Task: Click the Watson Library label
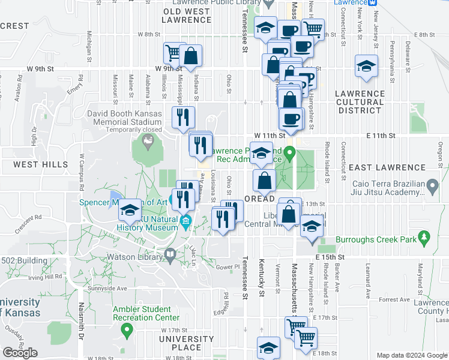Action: point(133,257)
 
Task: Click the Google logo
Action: point(20,353)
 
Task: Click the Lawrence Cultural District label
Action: point(360,102)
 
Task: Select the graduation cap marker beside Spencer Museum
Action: point(130,210)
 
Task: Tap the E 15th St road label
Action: point(331,257)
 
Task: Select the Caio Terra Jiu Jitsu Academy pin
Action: point(432,188)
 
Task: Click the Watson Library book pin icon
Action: point(170,256)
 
